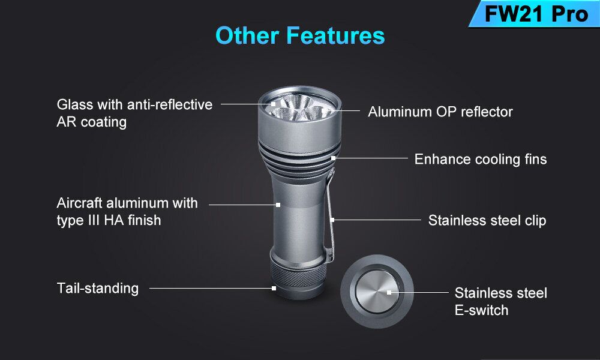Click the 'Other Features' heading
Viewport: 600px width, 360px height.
point(300,35)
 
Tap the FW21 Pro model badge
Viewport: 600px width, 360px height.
point(536,14)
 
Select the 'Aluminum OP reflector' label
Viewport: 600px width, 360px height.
point(440,112)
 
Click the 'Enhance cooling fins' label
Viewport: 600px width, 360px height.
point(481,159)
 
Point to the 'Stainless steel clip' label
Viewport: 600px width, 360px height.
point(487,220)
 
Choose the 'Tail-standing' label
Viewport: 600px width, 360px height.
point(98,289)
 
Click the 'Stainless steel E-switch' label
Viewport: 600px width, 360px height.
point(500,301)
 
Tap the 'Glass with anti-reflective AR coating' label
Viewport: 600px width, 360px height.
point(134,113)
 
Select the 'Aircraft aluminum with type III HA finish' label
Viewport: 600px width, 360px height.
point(127,212)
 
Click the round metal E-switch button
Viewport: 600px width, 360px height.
point(377,292)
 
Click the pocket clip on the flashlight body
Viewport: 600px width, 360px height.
point(330,216)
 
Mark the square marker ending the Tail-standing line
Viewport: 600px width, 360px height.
point(274,288)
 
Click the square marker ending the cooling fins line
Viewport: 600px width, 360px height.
point(333,158)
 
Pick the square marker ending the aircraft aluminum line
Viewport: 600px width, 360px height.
point(278,205)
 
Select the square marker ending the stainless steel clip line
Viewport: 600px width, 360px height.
point(332,220)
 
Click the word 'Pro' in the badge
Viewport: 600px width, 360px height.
point(570,14)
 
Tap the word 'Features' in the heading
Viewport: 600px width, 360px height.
point(335,35)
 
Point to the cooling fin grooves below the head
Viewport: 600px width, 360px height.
point(299,159)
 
